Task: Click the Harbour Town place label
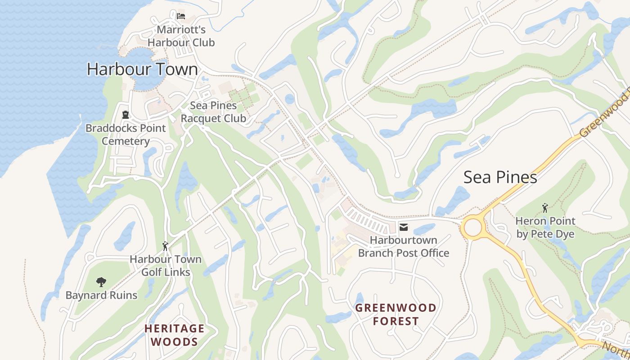142,69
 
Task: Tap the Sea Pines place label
500,177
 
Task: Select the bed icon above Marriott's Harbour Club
181,16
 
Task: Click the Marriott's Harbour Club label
181,36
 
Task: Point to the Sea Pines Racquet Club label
213,112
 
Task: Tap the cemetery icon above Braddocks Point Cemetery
126,115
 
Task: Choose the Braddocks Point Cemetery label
126,135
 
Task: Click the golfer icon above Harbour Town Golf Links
165,246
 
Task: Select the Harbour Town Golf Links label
166,266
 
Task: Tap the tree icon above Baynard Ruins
101,282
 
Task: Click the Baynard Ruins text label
101,295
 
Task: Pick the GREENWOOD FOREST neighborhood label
396,315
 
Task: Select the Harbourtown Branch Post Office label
404,247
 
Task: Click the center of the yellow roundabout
473,228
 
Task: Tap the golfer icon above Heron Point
545,208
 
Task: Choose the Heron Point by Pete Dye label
545,228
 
